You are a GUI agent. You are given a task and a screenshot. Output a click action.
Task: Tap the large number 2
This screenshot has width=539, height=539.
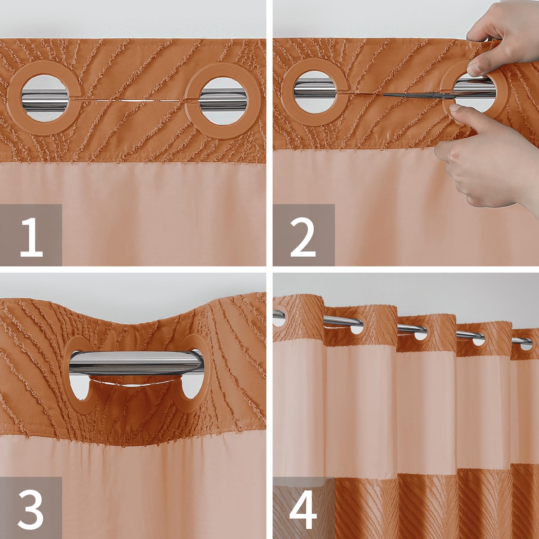point(303,238)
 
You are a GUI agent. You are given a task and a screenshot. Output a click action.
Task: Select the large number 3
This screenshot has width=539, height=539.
point(31,510)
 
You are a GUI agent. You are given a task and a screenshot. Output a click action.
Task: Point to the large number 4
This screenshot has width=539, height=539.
point(303,510)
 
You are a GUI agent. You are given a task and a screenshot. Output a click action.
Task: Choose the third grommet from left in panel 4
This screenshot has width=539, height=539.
point(418,333)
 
